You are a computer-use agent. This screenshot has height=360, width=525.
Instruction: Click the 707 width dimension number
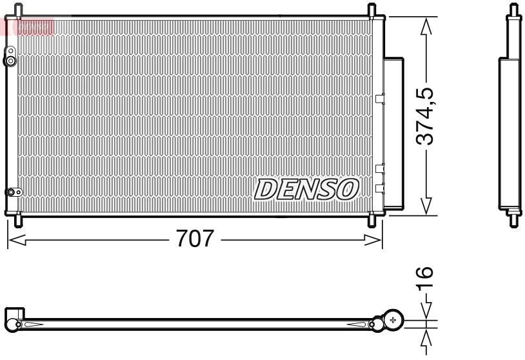coord(195,239)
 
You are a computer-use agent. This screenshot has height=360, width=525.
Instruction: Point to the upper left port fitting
coord(10,61)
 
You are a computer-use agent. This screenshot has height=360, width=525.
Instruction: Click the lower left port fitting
coord(12,192)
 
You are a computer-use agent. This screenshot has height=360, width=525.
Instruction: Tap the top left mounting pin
coord(17,10)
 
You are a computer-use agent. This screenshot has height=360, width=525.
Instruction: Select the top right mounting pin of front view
coord(372,10)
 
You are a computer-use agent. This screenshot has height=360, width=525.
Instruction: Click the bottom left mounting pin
coord(17,220)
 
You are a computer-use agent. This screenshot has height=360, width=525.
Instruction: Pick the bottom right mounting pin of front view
coord(372,220)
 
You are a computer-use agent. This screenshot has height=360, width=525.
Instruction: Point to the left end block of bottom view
coord(15,318)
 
